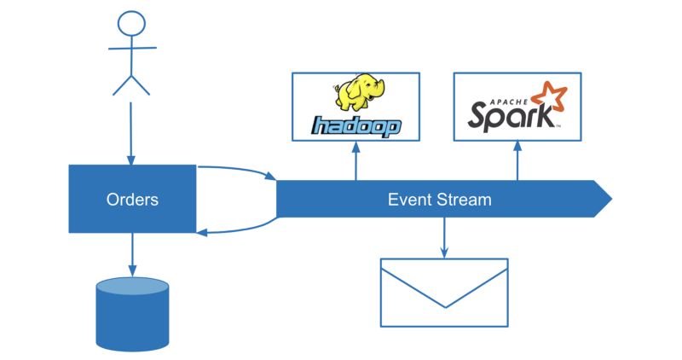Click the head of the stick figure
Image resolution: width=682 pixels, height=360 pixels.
(130, 24)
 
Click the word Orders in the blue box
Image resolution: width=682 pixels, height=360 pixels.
(132, 200)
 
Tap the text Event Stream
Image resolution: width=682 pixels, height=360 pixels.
(439, 200)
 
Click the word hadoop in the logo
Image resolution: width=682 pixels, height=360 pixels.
(356, 126)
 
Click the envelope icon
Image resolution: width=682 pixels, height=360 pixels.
(443, 292)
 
